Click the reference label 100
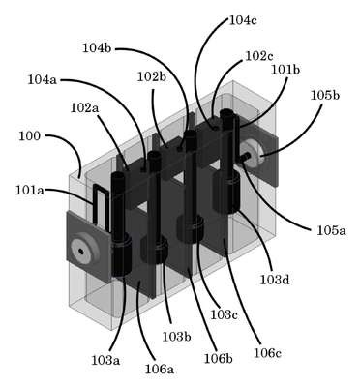coord(30,136)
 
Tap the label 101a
coord(30,190)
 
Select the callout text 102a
coord(85,108)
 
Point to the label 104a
coord(43,79)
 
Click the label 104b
coord(97,48)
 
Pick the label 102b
coord(152,77)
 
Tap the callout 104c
coord(243,20)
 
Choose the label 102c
coord(259,56)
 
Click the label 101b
coord(285,70)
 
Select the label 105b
coord(325,95)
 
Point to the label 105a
coord(331,230)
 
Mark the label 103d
coord(275,280)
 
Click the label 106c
coord(267,353)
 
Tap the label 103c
coord(225,314)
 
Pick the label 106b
coord(219,358)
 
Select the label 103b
coord(176,337)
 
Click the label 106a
coord(160,370)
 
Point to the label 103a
coord(105,360)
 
